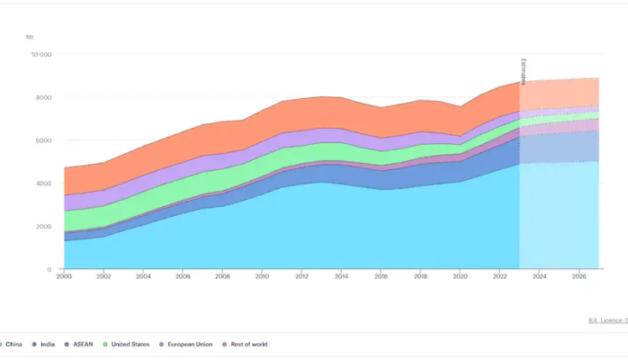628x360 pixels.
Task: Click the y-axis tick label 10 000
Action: (41, 54)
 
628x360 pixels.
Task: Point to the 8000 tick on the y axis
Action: (43, 97)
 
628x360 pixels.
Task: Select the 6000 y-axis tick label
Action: (43, 140)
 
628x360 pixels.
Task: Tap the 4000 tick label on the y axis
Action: (43, 183)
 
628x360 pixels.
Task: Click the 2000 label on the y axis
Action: (43, 226)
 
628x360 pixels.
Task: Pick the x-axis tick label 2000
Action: (64, 275)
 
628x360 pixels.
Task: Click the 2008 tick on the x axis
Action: (222, 275)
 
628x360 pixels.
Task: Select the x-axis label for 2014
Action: (341, 275)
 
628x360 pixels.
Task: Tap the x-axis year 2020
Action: (460, 275)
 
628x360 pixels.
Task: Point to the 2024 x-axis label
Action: (539, 275)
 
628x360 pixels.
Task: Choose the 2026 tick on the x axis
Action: (579, 275)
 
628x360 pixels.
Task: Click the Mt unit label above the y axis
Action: (30, 37)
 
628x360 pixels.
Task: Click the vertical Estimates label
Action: (524, 71)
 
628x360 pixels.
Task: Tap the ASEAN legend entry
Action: (80, 344)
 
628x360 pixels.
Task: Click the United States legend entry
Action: (128, 344)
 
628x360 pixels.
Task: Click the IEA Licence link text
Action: (607, 320)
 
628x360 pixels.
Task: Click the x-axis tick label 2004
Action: (143, 275)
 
